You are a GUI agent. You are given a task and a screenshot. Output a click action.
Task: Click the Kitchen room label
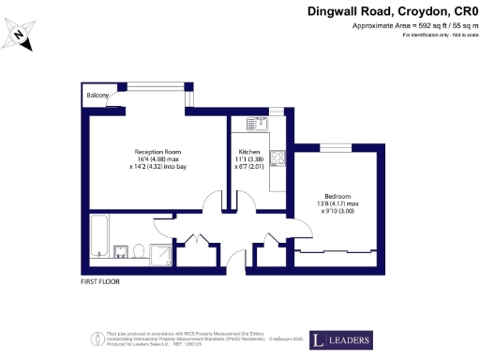tap(248, 152)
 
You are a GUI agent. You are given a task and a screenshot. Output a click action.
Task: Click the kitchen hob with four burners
tap(277, 157)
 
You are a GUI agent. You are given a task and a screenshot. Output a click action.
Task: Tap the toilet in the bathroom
tap(137, 249)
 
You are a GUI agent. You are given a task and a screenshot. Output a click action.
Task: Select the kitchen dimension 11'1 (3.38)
tap(248, 159)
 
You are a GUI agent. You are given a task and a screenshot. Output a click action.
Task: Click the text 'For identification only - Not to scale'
tap(436, 35)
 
